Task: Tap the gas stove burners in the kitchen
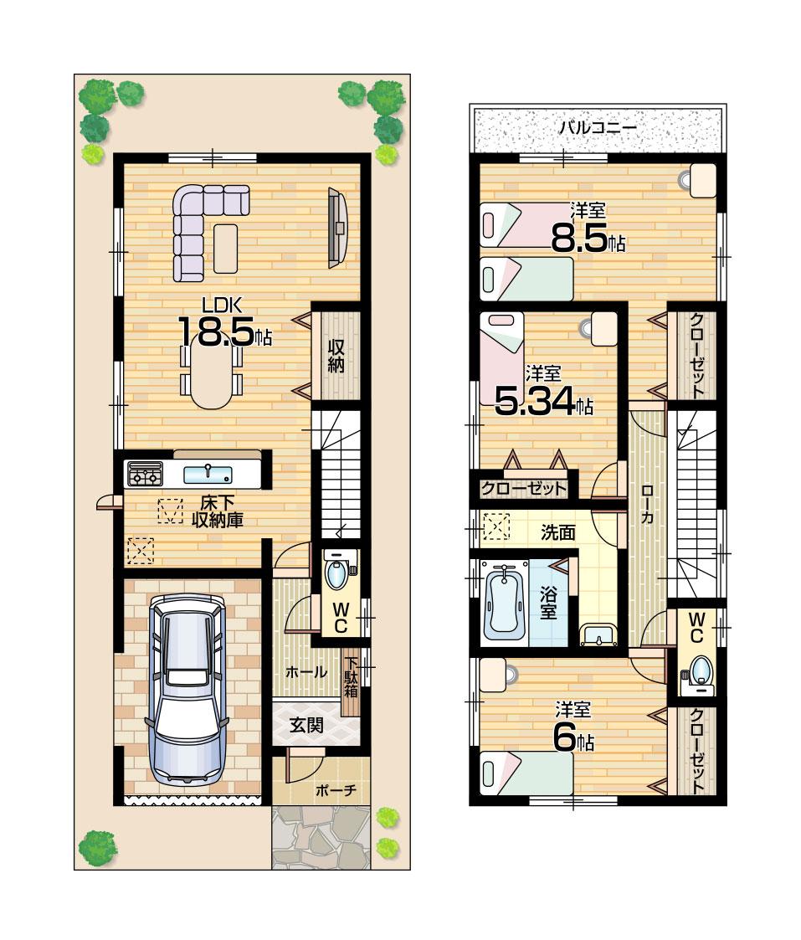(x=144, y=475)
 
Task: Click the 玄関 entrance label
(x=306, y=726)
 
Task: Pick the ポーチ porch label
(x=336, y=789)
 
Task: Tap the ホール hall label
(x=306, y=671)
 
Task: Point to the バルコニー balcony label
(x=598, y=128)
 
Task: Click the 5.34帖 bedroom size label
(x=544, y=403)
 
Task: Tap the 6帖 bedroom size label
(x=573, y=739)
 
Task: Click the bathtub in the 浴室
(x=505, y=600)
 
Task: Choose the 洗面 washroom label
(x=557, y=531)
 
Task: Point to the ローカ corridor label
(x=647, y=506)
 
